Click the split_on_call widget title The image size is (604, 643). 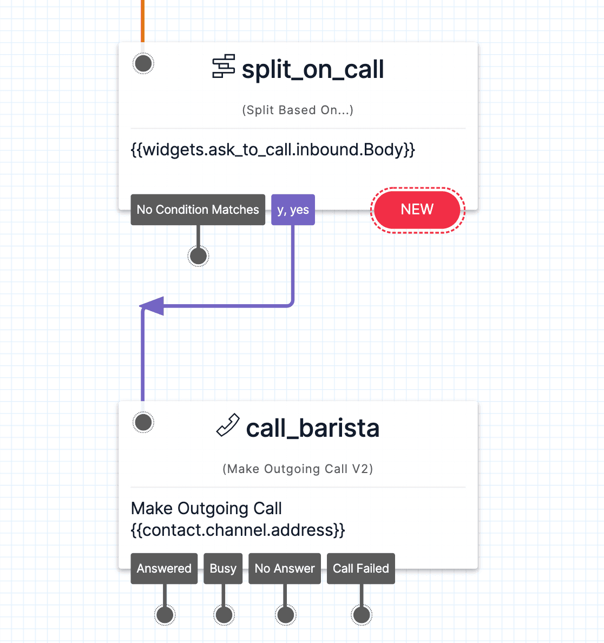pyautogui.click(x=312, y=70)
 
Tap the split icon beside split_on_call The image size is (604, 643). pyautogui.click(x=224, y=67)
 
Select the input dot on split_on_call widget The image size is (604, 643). pyautogui.click(x=143, y=63)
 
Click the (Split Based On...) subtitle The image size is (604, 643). pyautogui.click(x=298, y=110)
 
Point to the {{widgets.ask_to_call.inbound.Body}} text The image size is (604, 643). pyautogui.click(x=273, y=149)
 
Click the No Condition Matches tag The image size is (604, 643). pyautogui.click(x=198, y=209)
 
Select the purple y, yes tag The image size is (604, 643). pyautogui.click(x=293, y=209)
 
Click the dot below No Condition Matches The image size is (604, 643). pyautogui.click(x=198, y=255)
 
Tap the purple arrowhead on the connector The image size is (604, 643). pyautogui.click(x=152, y=306)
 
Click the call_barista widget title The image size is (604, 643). pyautogui.click(x=312, y=428)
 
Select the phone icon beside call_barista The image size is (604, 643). pyautogui.click(x=228, y=425)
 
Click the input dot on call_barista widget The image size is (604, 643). pyautogui.click(x=143, y=422)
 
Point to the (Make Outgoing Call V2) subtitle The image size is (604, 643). pyautogui.click(x=298, y=469)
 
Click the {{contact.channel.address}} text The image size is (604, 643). pyautogui.click(x=238, y=530)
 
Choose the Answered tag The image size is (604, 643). pyautogui.click(x=164, y=568)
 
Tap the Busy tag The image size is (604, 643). pyautogui.click(x=223, y=568)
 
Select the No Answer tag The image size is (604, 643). pyautogui.click(x=285, y=568)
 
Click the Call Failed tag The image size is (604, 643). pyautogui.click(x=360, y=568)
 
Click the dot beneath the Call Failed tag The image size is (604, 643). pyautogui.click(x=361, y=615)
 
